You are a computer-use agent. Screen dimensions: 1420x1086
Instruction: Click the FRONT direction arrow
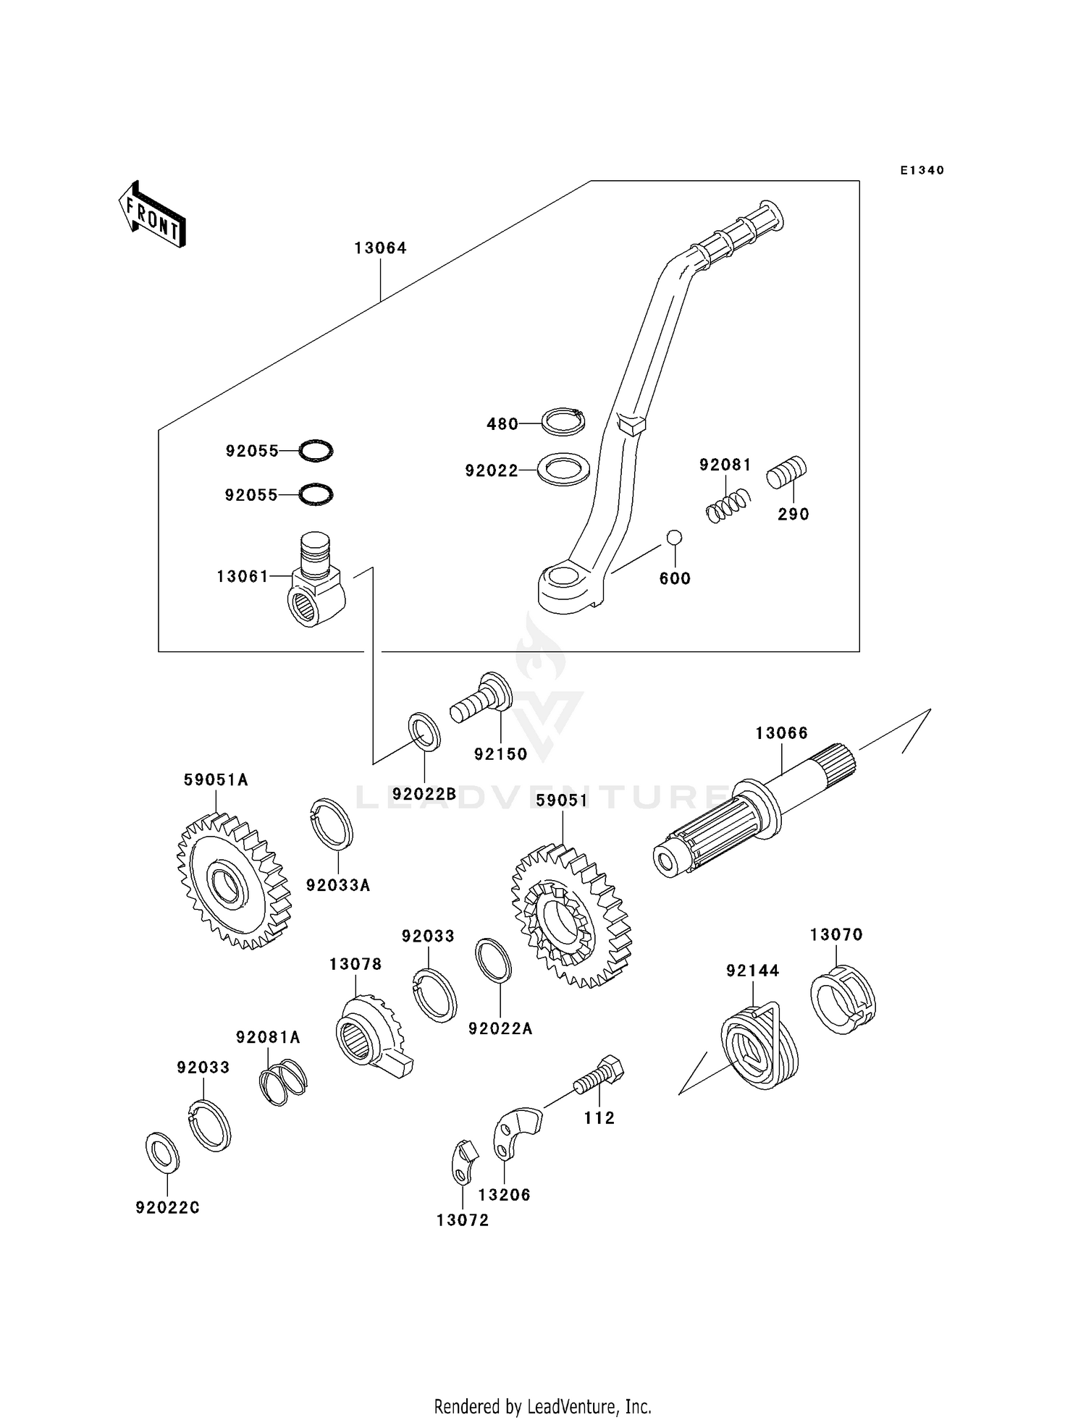[x=152, y=215]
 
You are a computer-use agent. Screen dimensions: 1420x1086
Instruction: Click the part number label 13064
[x=380, y=248]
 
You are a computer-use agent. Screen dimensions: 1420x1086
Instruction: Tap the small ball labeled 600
[x=674, y=537]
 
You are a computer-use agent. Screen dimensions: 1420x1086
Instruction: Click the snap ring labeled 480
[x=564, y=421]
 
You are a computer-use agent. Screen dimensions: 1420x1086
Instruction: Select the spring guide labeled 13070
[x=843, y=1001]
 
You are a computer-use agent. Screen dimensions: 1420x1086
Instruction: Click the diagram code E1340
[x=922, y=171]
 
